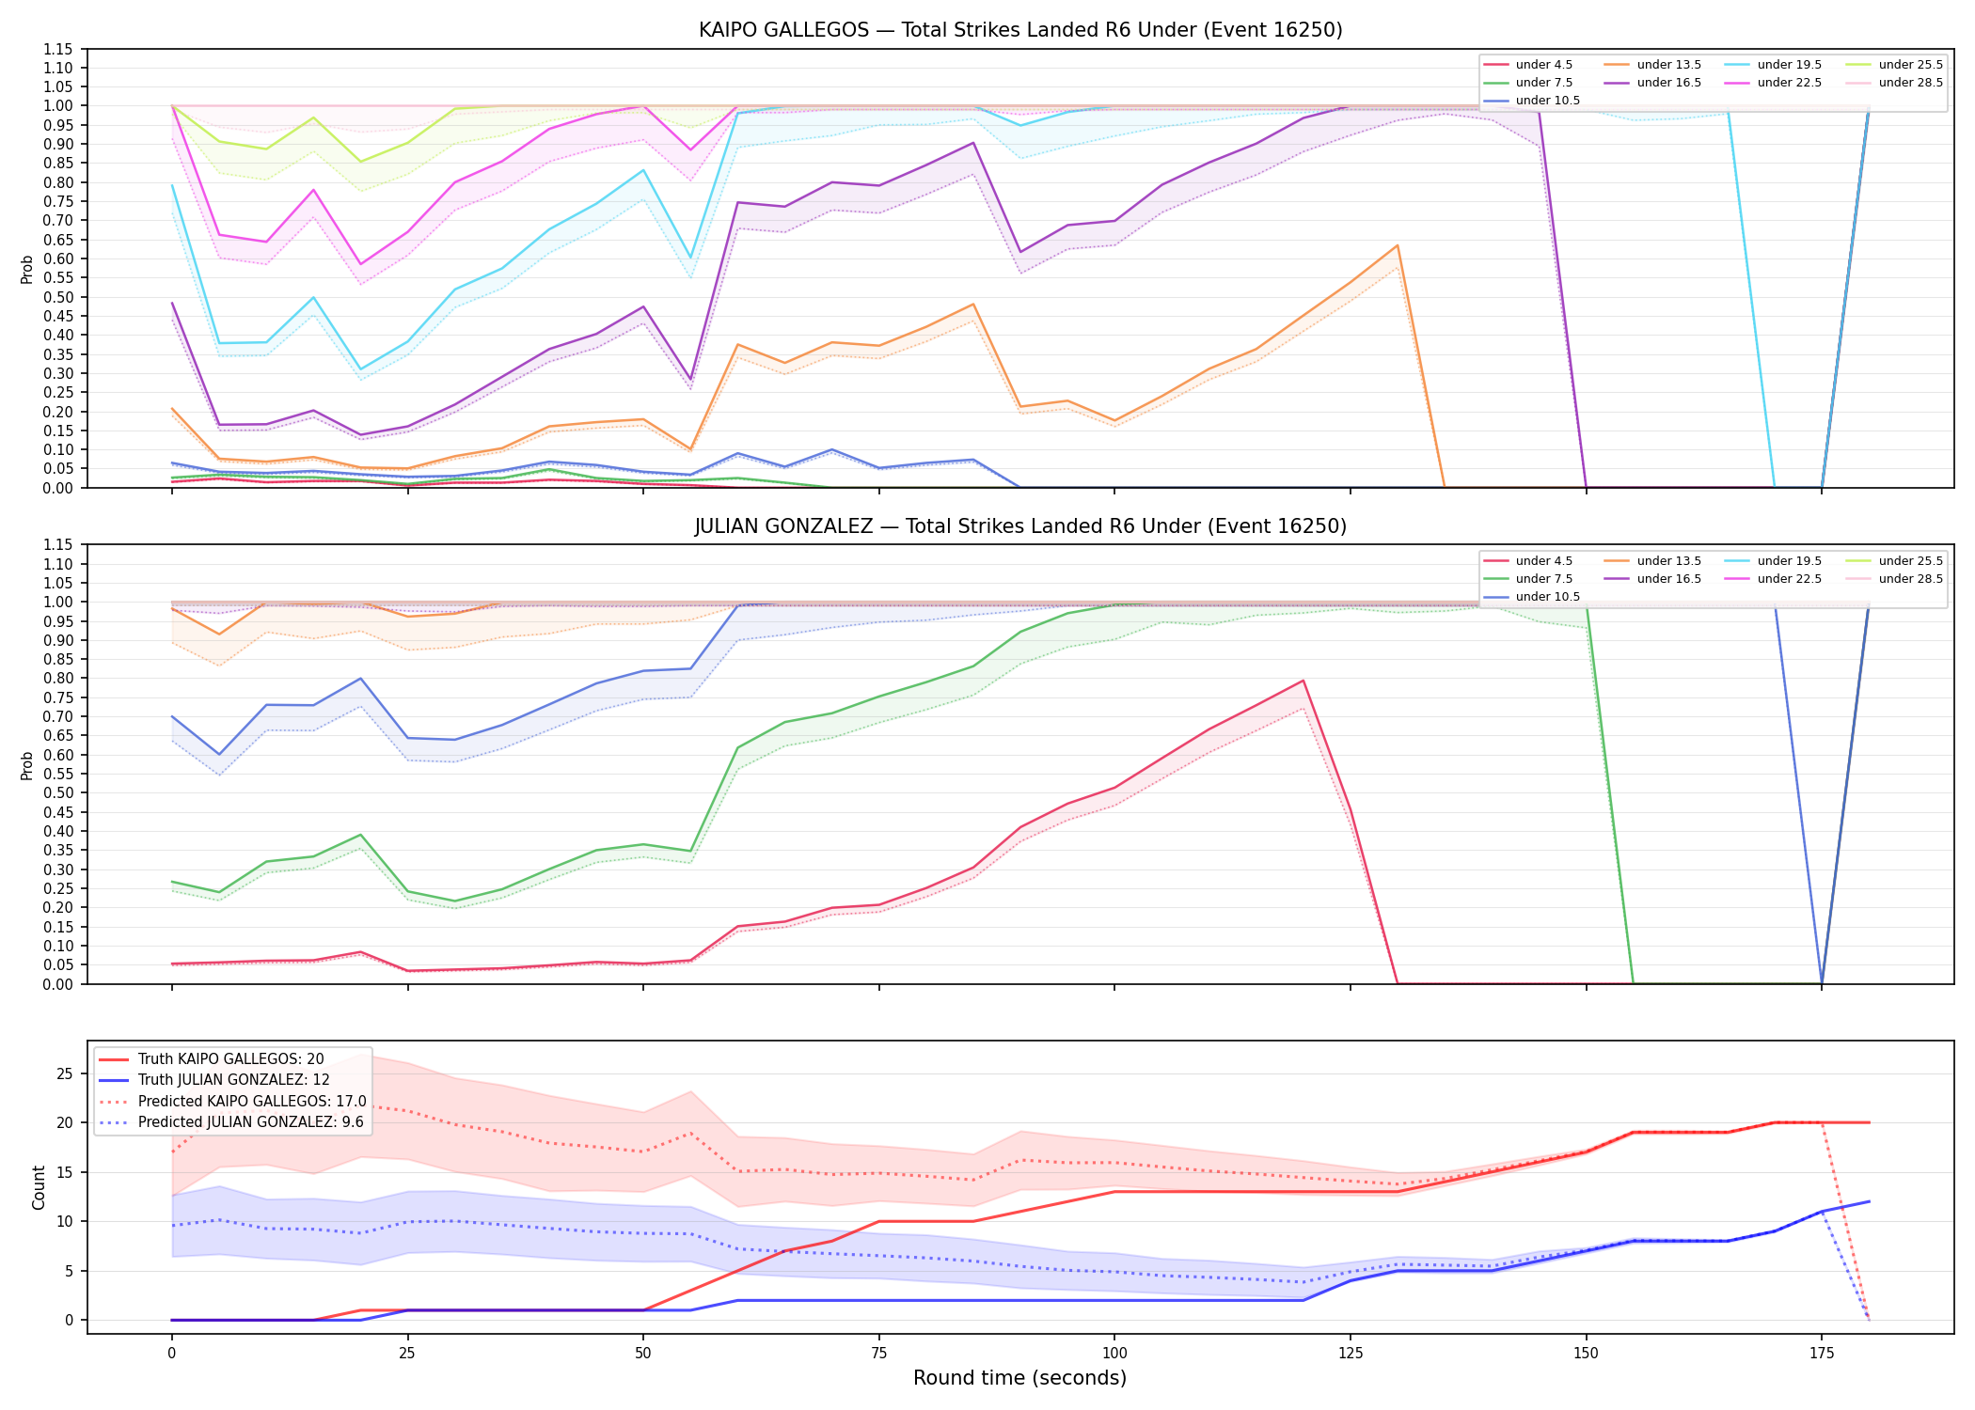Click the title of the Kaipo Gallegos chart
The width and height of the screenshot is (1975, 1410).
1020,30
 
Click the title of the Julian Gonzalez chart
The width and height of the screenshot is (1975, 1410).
1020,526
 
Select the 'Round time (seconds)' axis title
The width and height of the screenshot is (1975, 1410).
1019,1378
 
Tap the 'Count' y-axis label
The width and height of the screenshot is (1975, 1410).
39,1187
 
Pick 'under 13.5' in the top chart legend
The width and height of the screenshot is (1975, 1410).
1669,65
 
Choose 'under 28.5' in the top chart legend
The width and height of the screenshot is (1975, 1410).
1911,83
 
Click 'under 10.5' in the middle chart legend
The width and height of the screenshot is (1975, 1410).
1548,597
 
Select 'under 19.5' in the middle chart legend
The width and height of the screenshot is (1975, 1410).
1790,561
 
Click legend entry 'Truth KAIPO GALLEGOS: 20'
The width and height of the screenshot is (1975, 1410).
230,1059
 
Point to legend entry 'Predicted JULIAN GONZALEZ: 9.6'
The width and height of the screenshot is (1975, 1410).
250,1122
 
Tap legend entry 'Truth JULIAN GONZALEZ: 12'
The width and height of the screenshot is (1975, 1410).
234,1080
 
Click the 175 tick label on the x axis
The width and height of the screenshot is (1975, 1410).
1822,1354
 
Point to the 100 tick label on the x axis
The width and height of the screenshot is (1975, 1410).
1114,1354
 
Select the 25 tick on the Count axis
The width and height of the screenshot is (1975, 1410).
66,1073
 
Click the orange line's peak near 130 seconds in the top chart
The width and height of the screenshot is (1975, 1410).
1398,245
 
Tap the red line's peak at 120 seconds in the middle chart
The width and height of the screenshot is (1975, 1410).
1303,681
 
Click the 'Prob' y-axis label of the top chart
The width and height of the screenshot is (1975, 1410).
27,269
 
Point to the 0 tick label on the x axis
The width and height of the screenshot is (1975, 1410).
171,1354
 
